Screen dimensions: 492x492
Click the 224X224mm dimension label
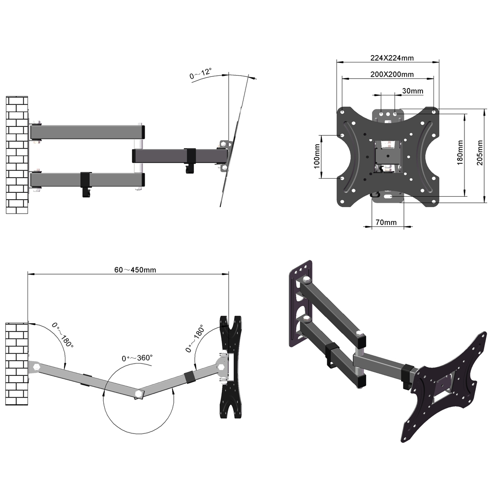[392, 58]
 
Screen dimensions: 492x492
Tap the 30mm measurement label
[412, 91]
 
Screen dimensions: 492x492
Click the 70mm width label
[386, 222]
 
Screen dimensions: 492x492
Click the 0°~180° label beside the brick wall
[63, 335]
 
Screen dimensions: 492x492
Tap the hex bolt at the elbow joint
[139, 394]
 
